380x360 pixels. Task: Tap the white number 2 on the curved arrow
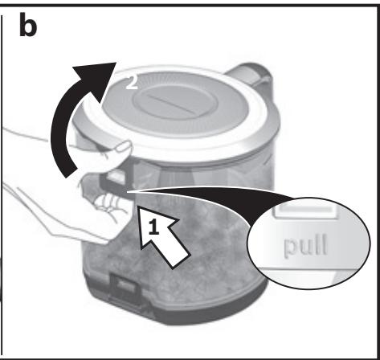click(132, 82)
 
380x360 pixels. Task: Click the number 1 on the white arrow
click(153, 227)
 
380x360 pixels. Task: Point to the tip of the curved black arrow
click(116, 63)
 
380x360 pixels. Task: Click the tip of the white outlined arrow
click(137, 206)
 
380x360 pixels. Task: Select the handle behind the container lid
click(250, 74)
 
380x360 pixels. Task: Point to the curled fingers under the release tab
click(111, 202)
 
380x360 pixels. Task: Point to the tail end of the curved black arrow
click(72, 174)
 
